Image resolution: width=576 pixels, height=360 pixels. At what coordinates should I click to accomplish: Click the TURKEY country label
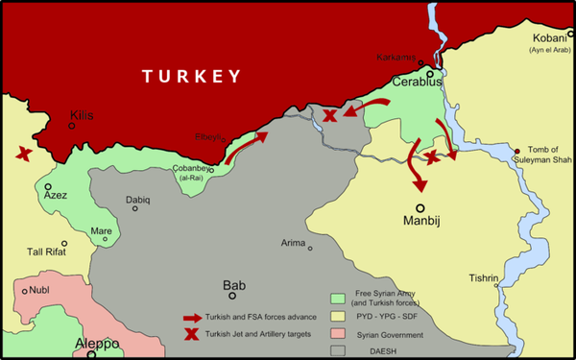pyautogui.click(x=189, y=76)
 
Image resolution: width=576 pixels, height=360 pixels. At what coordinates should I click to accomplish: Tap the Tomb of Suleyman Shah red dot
pyautogui.click(x=517, y=151)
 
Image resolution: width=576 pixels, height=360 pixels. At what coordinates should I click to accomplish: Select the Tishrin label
pyautogui.click(x=483, y=278)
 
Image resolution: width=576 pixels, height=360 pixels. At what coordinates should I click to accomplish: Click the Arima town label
pyautogui.click(x=293, y=243)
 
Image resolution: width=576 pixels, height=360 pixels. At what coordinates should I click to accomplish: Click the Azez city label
pyautogui.click(x=56, y=195)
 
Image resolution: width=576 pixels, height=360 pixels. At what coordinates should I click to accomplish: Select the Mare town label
pyautogui.click(x=100, y=230)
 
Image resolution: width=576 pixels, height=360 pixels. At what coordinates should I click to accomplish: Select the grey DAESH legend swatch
pyautogui.click(x=337, y=350)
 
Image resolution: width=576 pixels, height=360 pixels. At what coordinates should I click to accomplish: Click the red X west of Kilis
pyautogui.click(x=21, y=153)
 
